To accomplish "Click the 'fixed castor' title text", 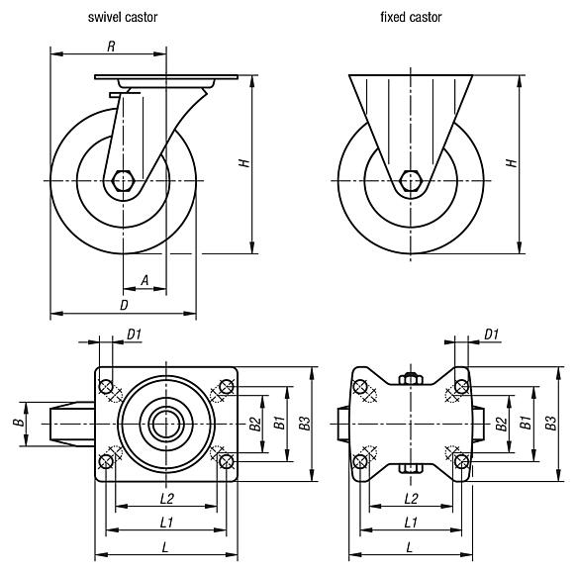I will point(411,18).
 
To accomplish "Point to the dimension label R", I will point(111,46).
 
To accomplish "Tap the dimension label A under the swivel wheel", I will point(144,281).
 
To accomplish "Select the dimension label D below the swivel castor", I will point(124,306).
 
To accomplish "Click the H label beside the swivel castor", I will point(242,162).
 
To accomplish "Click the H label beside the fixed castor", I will point(511,162).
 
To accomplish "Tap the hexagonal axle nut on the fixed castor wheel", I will point(411,181).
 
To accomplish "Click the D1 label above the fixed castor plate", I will point(491,336).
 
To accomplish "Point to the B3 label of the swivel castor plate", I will point(305,423).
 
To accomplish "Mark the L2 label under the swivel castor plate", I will point(166,498).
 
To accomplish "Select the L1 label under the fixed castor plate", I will point(410,521).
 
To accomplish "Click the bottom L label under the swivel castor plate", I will point(166,545).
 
